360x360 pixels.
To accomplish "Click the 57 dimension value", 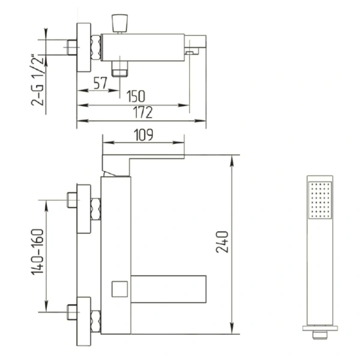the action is coord(100,83).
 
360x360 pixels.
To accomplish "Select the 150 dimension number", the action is coord(136,96).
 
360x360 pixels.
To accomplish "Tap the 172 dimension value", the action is coord(143,112).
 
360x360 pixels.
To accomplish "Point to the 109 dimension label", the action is coord(143,135).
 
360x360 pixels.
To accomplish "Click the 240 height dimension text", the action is coord(223,242).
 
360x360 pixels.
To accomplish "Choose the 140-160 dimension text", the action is coord(37,252).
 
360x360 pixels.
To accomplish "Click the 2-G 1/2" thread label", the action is coord(37,80).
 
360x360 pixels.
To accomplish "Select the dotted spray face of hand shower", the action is coord(320,200).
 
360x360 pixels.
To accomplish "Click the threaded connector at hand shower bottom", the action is coord(320,335).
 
